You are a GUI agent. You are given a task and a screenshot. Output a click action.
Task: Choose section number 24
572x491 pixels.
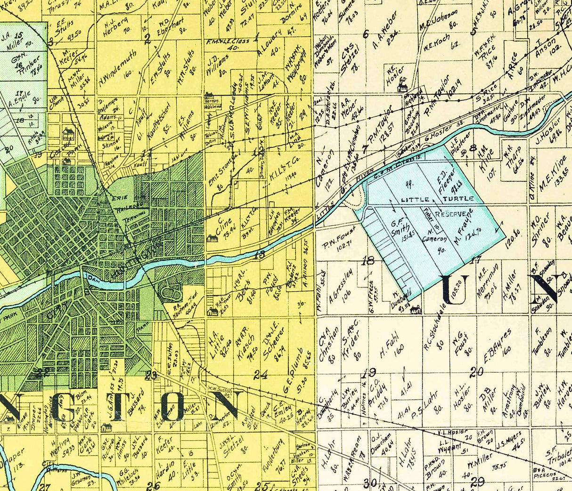pos(261,375)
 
